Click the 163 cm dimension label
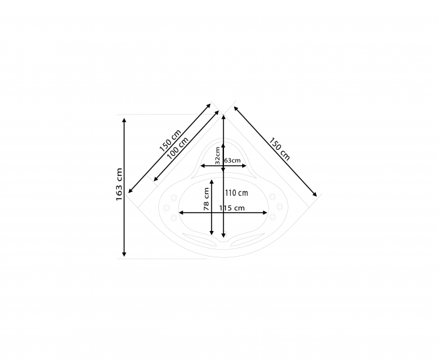tap(120, 184)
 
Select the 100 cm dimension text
tap(178, 148)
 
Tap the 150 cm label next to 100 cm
tap(170, 141)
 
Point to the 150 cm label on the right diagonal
tap(279, 149)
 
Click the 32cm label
tap(218, 155)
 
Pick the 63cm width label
tap(232, 160)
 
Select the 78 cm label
tap(206, 199)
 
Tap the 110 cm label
tap(237, 193)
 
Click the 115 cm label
tap(232, 208)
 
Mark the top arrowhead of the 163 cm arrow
tap(125, 120)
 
